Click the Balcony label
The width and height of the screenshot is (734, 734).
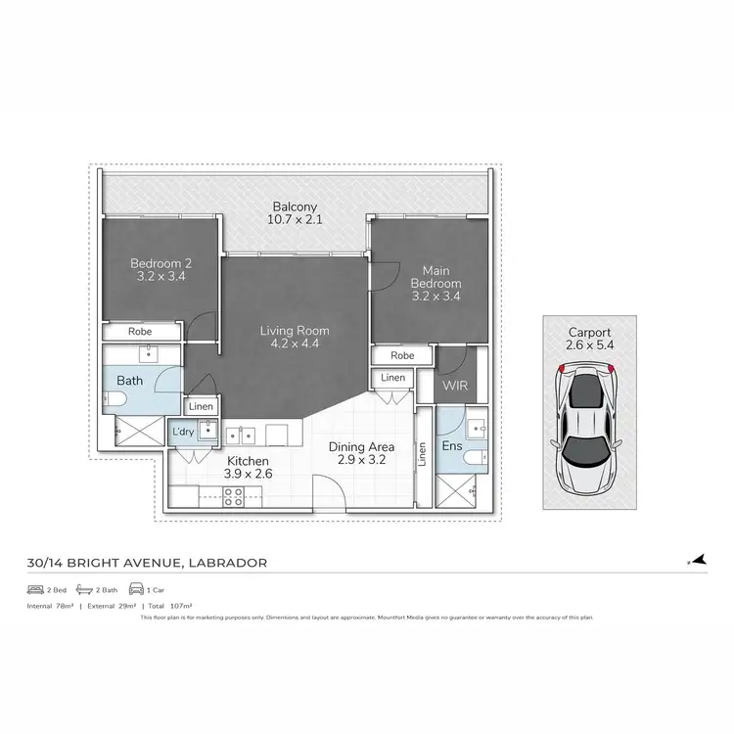click(x=295, y=206)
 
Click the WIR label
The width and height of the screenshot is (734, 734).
click(x=455, y=386)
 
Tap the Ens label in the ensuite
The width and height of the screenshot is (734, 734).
click(x=451, y=446)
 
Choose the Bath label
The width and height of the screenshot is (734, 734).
click(x=130, y=380)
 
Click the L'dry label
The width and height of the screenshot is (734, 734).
click(x=183, y=432)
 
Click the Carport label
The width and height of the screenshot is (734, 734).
click(x=589, y=332)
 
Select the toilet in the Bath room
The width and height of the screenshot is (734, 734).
click(x=112, y=398)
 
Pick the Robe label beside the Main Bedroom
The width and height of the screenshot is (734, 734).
click(x=401, y=355)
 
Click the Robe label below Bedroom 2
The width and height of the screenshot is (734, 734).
click(x=140, y=332)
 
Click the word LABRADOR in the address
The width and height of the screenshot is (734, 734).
click(x=226, y=563)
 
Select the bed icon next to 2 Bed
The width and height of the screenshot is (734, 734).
click(x=35, y=591)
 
